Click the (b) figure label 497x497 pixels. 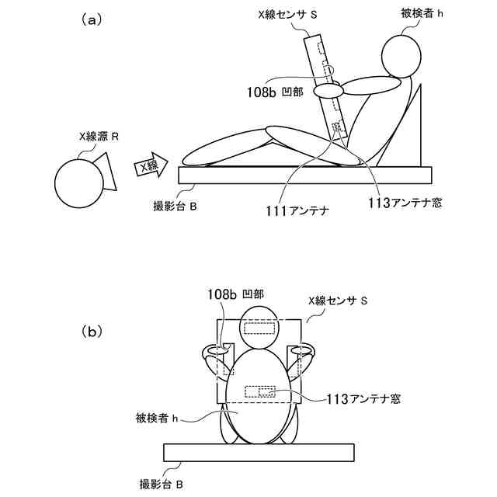(x=92, y=332)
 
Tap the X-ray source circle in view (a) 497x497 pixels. (x=78, y=182)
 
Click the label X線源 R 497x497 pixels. (x=99, y=137)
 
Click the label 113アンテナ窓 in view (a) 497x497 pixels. (x=404, y=203)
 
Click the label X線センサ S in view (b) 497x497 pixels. (x=337, y=301)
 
